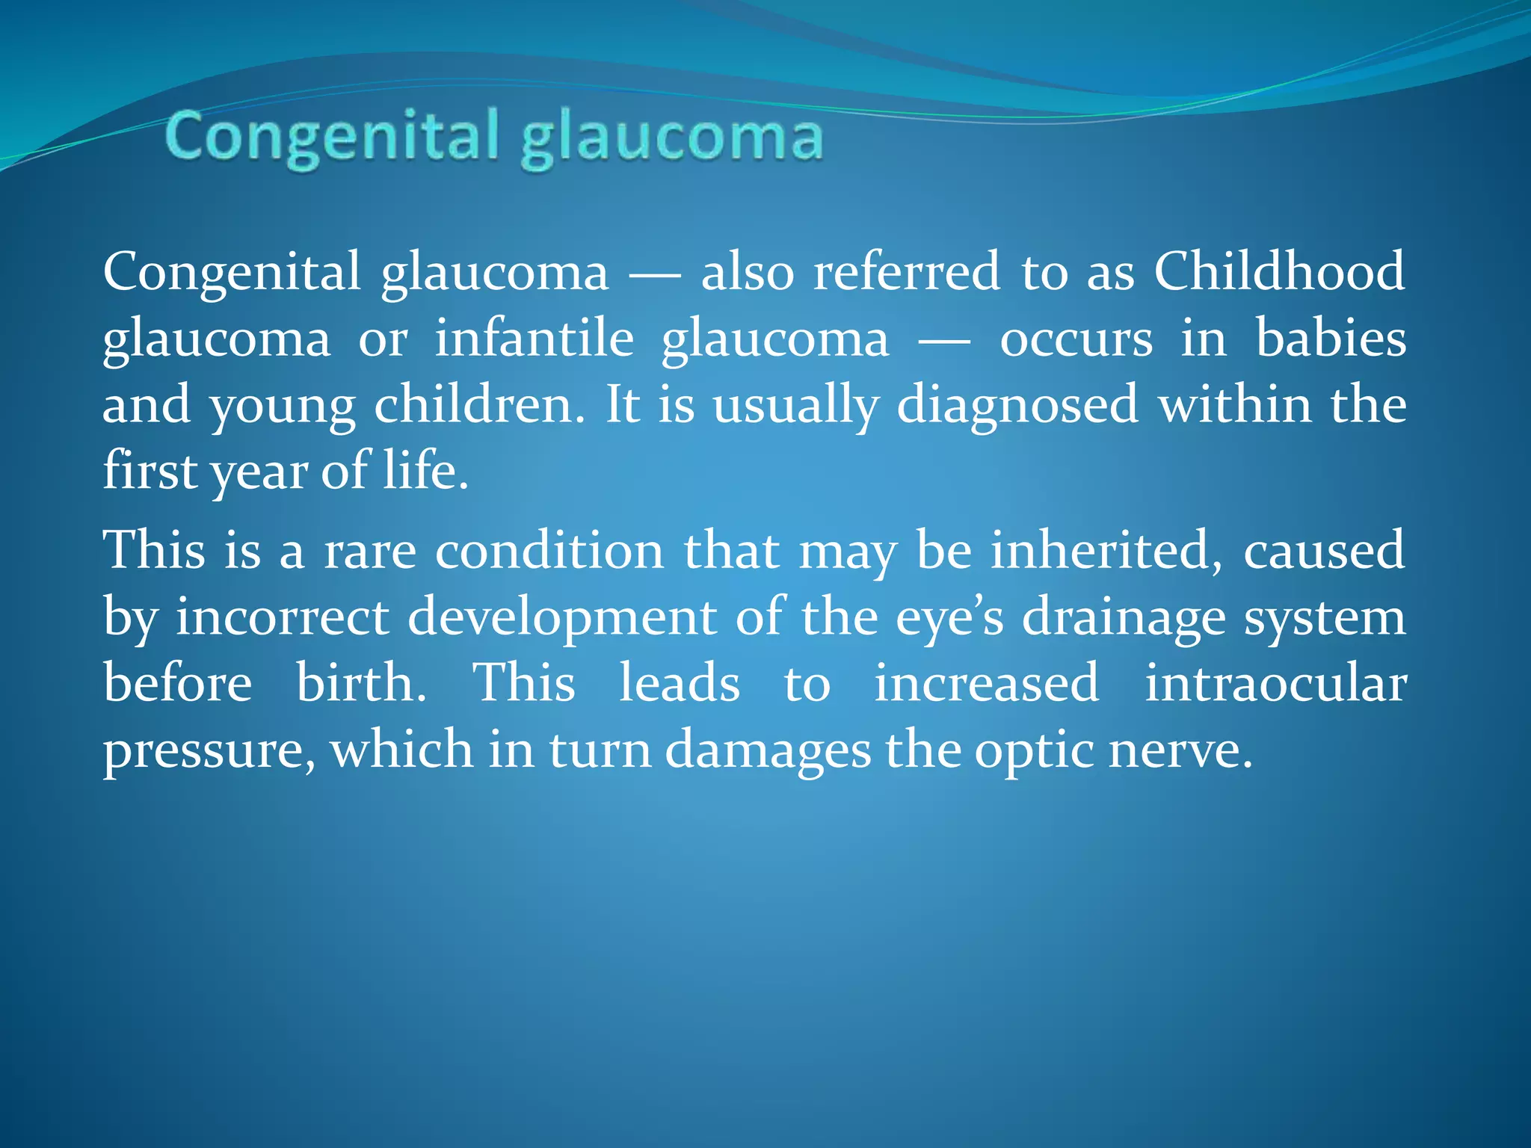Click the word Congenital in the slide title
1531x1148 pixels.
click(332, 137)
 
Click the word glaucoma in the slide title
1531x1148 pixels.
click(672, 139)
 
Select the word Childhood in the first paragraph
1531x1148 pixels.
click(1279, 271)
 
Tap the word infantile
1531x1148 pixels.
click(534, 339)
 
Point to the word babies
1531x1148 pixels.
click(1331, 339)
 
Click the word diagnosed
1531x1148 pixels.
click(1017, 405)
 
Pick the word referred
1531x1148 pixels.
click(906, 271)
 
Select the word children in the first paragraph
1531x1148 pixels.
click(478, 405)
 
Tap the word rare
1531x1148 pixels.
click(369, 551)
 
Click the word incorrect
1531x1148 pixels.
click(283, 617)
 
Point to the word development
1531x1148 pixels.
click(562, 617)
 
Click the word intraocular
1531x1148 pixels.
click(1275, 683)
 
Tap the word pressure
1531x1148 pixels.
click(209, 750)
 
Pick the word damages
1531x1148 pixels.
click(768, 750)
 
